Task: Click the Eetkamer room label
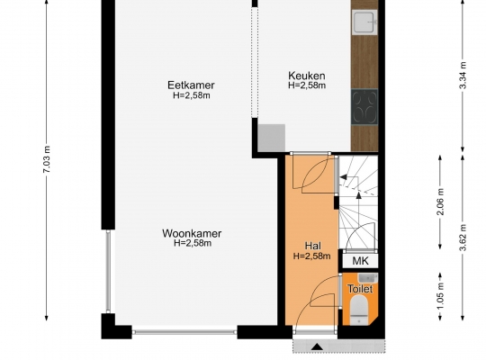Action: click(x=191, y=85)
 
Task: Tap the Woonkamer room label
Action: click(x=192, y=233)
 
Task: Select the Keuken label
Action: click(x=307, y=76)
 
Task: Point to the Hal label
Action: click(x=312, y=246)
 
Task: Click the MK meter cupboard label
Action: click(x=361, y=261)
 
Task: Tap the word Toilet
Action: click(x=360, y=289)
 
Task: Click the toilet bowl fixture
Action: click(x=359, y=310)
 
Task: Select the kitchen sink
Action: click(x=364, y=22)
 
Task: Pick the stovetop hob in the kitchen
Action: click(x=364, y=107)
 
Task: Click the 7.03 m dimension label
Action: click(x=46, y=163)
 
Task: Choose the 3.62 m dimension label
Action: click(x=463, y=238)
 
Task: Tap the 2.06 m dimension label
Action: click(x=440, y=202)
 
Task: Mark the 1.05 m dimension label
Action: click(x=440, y=295)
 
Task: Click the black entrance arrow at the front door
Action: click(x=317, y=346)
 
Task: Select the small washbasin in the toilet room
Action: click(x=367, y=278)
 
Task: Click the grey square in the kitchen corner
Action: click(x=271, y=138)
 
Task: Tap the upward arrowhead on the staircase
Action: click(x=358, y=195)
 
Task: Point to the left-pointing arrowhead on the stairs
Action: click(x=344, y=177)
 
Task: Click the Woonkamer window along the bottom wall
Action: click(x=184, y=332)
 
